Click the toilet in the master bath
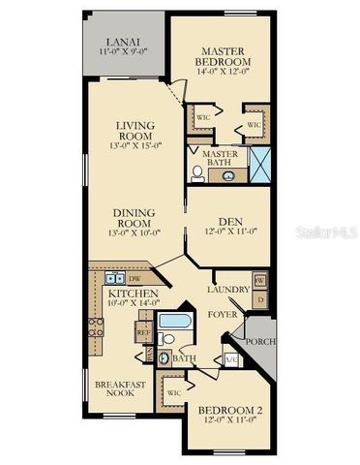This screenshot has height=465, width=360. [197, 173]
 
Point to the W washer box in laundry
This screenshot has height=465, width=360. [259, 280]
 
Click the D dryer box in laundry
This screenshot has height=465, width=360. [259, 300]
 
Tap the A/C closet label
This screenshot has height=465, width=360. [231, 359]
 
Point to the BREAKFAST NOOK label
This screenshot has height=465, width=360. [120, 389]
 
